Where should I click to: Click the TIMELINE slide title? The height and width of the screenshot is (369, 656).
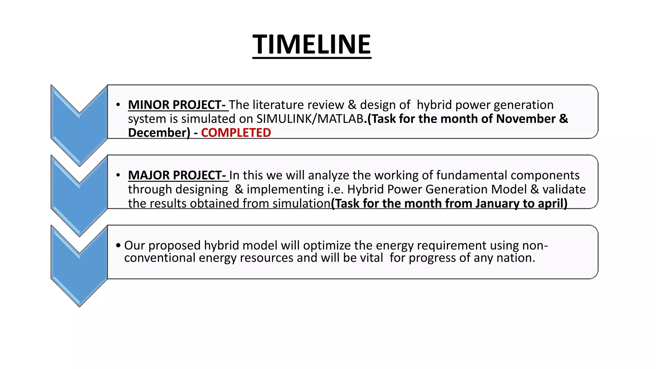pos(312,45)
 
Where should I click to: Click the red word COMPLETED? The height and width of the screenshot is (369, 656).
pos(236,133)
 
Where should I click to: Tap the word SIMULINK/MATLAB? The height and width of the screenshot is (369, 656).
pos(310,119)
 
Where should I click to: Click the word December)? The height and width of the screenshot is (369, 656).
pos(159,133)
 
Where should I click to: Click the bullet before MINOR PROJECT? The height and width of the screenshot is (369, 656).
pos(118,105)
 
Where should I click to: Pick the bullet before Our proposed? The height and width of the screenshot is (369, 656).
pos(118,246)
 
